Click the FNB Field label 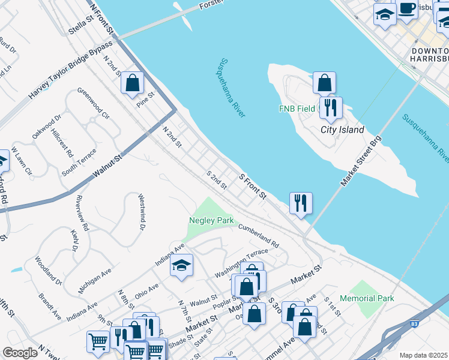297,109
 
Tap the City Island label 342,130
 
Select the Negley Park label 211,220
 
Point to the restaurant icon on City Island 330,108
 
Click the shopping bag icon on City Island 324,83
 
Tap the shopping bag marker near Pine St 132,83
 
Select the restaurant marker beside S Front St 300,203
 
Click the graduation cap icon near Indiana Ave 181,266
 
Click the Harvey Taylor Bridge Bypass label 71,70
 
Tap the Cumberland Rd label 259,236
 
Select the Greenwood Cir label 93,103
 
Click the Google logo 20,353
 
